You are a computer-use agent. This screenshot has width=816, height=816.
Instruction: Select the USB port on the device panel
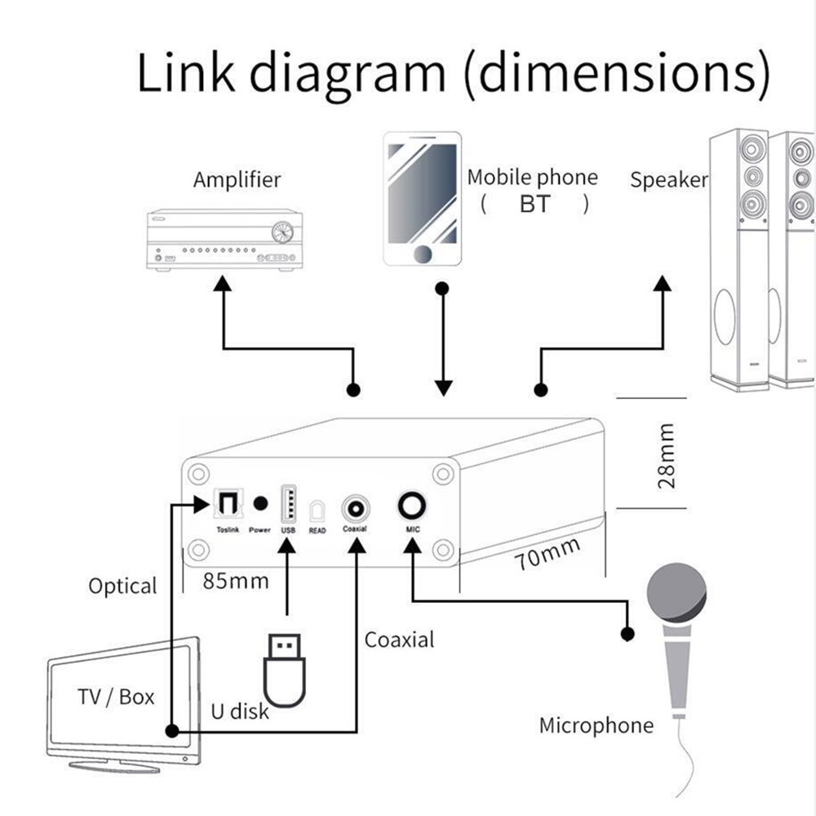287,503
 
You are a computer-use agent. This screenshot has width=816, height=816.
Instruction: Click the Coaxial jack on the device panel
356,508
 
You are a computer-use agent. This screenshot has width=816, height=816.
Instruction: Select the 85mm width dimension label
236,582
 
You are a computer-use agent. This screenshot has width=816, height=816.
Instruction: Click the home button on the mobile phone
423,254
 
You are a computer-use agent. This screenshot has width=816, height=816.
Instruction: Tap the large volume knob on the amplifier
282,232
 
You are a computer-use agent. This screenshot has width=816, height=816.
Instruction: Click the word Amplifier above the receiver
237,180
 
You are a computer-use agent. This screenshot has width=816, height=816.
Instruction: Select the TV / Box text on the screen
116,697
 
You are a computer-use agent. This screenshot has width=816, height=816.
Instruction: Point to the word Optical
122,586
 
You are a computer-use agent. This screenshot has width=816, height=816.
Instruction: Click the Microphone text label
596,725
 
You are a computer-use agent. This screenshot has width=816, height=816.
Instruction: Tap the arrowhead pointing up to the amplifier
223,282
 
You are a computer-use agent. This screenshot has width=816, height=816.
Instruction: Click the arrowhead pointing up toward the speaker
662,282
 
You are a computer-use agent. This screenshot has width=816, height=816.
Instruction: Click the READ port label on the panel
317,530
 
